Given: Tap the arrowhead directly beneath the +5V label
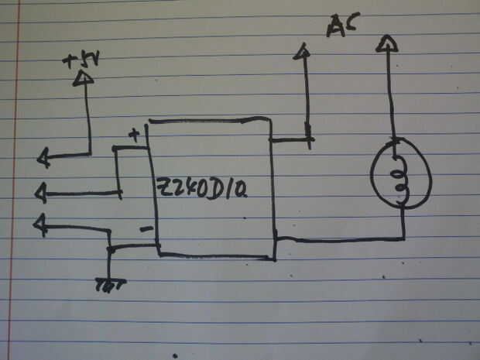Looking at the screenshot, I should coord(83,78).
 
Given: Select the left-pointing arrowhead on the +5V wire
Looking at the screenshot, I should coord(43,159).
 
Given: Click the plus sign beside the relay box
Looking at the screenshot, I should coord(133,135).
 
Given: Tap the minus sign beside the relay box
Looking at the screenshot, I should coord(144,230).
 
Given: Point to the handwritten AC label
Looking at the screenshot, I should coord(343,27).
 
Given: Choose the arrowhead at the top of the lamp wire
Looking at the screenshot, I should coord(386,43).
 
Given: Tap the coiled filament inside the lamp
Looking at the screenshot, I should coord(401,176).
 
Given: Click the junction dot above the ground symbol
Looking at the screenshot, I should coord(111,249).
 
